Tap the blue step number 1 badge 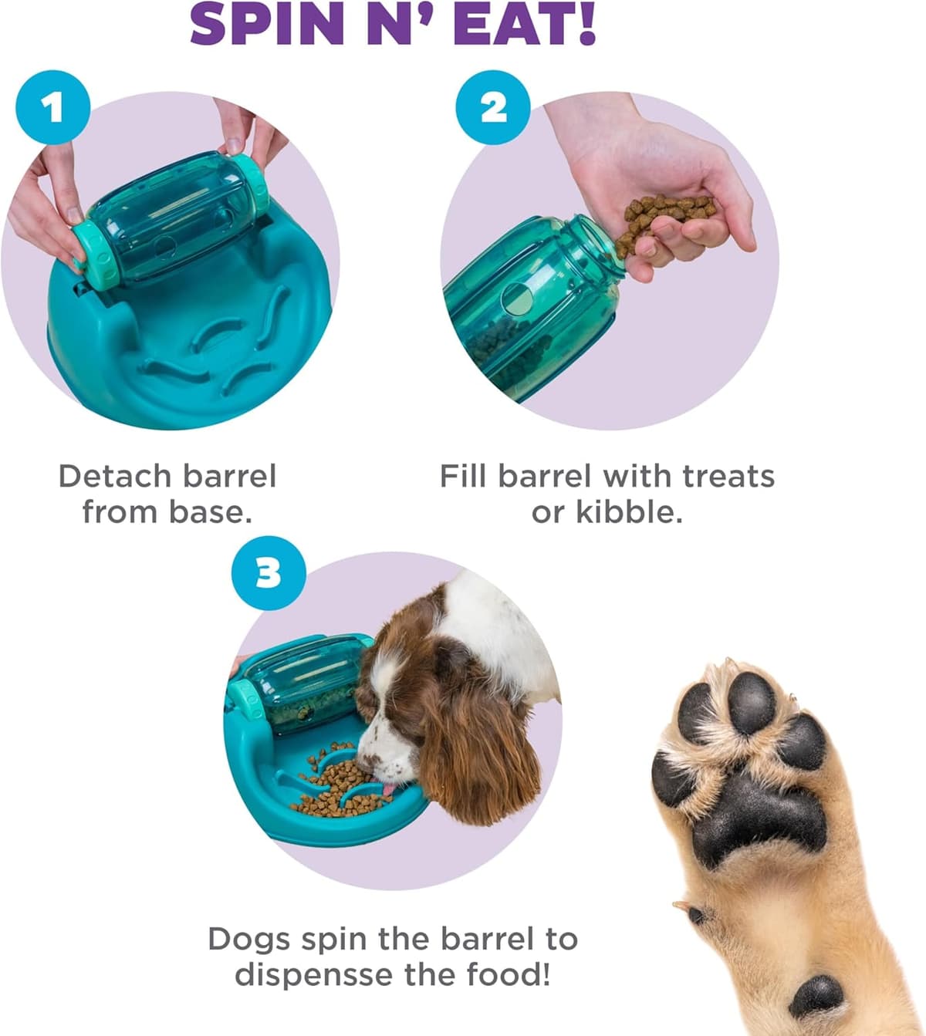(52, 107)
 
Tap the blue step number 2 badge (493, 107)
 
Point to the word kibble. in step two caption (607, 511)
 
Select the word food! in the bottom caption (509, 974)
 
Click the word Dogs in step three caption (248, 939)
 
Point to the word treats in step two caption (728, 476)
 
